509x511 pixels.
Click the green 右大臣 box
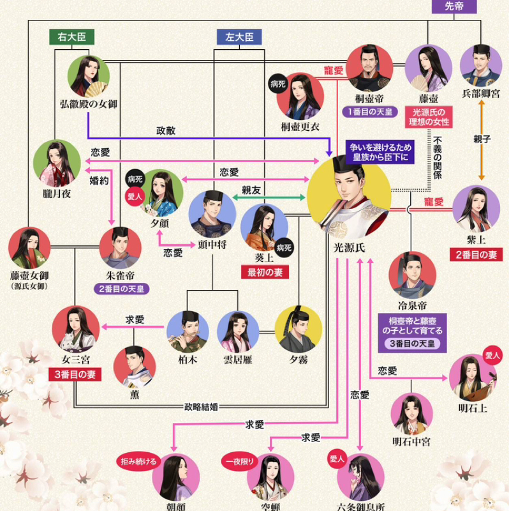coord(72,37)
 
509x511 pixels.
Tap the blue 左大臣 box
coord(239,37)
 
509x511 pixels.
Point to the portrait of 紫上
coord(476,209)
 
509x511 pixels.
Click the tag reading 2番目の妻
coord(476,255)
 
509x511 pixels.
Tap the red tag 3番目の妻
coord(75,374)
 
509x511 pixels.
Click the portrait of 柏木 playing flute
coord(188,332)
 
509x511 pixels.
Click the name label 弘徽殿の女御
coord(89,103)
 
